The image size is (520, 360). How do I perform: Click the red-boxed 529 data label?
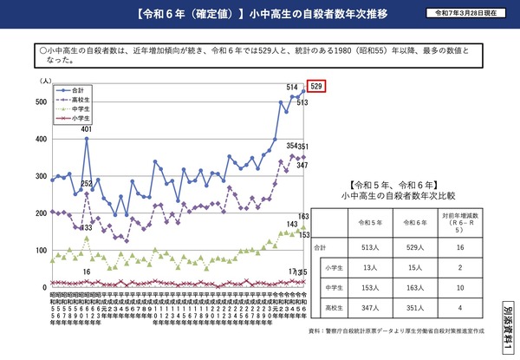pyautogui.click(x=317, y=86)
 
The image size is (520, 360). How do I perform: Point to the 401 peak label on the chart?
pyautogui.click(x=87, y=130)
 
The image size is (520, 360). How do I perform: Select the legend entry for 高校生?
pyautogui.click(x=77, y=99)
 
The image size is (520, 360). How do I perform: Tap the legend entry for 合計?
pyautogui.click(x=77, y=89)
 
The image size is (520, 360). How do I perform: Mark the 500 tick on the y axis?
pyautogui.click(x=41, y=102)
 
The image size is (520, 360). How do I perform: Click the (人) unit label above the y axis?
pyautogui.click(x=43, y=80)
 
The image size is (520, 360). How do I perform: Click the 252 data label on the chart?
pyautogui.click(x=87, y=184)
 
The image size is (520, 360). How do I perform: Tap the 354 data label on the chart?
pyautogui.click(x=292, y=147)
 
